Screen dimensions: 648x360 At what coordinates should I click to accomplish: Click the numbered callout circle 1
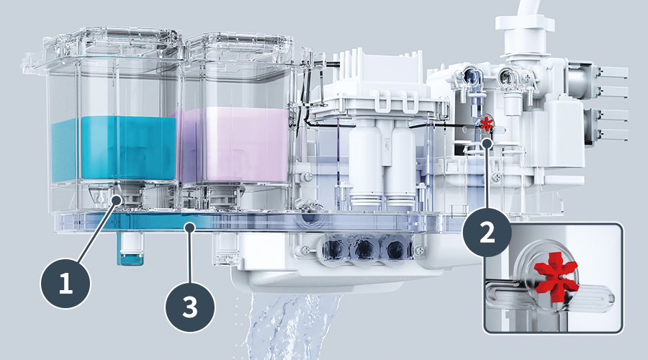click(x=66, y=284)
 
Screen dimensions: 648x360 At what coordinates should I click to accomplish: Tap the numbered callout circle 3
click(x=190, y=307)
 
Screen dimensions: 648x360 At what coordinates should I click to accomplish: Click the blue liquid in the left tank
click(x=114, y=148)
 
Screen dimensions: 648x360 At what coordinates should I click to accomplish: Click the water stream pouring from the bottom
click(x=289, y=327)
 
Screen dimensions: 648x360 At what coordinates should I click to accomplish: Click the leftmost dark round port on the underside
click(x=333, y=248)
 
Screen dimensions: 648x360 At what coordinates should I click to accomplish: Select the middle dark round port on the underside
click(x=364, y=248)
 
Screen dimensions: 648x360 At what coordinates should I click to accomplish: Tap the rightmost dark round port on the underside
click(x=395, y=248)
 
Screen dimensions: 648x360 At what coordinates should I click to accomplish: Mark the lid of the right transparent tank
click(x=240, y=48)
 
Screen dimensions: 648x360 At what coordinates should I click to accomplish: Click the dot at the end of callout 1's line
click(x=117, y=200)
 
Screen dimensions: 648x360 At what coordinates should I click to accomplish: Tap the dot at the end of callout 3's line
click(x=190, y=226)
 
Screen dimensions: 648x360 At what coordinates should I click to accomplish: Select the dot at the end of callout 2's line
click(x=487, y=143)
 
